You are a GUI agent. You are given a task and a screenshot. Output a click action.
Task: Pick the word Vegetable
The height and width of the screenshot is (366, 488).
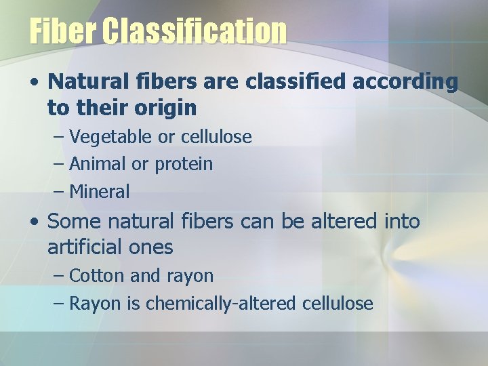pyautogui.click(x=111, y=137)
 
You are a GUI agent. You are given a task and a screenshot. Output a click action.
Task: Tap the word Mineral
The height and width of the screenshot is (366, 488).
pyautogui.click(x=99, y=191)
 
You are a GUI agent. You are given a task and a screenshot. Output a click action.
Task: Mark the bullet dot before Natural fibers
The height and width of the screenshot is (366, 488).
pyautogui.click(x=34, y=83)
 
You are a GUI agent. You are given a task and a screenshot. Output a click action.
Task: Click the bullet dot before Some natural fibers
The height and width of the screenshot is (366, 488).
pyautogui.click(x=34, y=222)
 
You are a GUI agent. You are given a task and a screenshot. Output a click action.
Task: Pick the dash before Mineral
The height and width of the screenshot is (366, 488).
pyautogui.click(x=59, y=192)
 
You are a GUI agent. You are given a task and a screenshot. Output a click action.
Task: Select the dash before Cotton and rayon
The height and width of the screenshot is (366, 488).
pyautogui.click(x=59, y=277)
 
